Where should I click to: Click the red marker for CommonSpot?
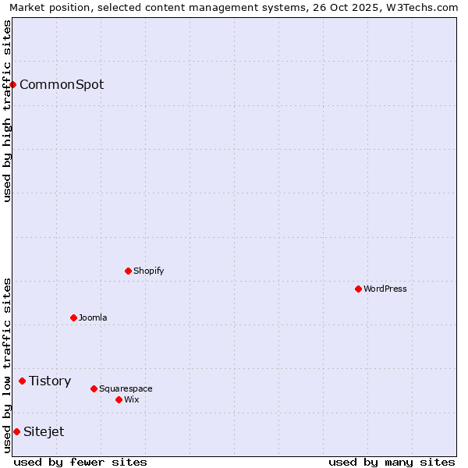pyautogui.click(x=13, y=84)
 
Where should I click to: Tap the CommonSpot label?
pyautogui.click(x=62, y=84)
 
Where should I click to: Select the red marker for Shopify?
pyautogui.click(x=129, y=271)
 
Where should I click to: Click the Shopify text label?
pyautogui.click(x=148, y=271)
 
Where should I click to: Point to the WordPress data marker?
pyautogui.click(x=359, y=289)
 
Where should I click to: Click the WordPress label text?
pyautogui.click(x=385, y=289)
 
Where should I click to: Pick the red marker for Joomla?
pyautogui.click(x=74, y=317)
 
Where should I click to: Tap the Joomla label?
pyautogui.click(x=93, y=317)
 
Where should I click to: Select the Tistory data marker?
pyautogui.click(x=23, y=381)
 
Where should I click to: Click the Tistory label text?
pyautogui.click(x=50, y=381)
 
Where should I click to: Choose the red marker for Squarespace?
pyautogui.click(x=94, y=388)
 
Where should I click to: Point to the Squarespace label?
pyautogui.click(x=126, y=388)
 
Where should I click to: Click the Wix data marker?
pyautogui.click(x=119, y=399)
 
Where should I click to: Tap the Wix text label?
pyautogui.click(x=132, y=399)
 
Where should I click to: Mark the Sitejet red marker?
pyautogui.click(x=16, y=431)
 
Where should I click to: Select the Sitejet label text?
pyautogui.click(x=44, y=431)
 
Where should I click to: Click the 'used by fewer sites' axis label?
pyautogui.click(x=80, y=462)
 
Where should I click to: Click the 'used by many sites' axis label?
pyautogui.click(x=392, y=462)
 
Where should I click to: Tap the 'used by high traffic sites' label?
pyautogui.click(x=7, y=111)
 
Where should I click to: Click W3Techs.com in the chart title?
pyautogui.click(x=420, y=7)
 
